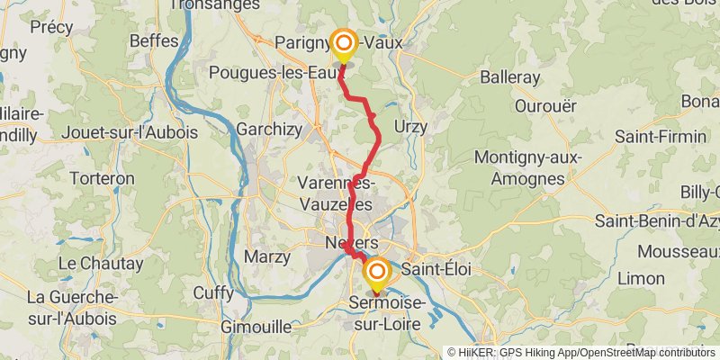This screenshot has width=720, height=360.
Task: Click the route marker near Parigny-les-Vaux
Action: click(x=344, y=43)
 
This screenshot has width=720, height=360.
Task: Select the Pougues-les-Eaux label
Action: click(x=266, y=72)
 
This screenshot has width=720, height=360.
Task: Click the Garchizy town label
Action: click(x=269, y=130)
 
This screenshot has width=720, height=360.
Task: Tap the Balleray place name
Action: click(x=510, y=77)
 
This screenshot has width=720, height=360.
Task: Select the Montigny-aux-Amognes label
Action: click(x=528, y=168)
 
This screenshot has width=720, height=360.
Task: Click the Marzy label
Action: click(x=267, y=256)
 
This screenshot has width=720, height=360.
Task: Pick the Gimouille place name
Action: click(x=256, y=326)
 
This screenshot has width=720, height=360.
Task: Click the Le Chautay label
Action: click(x=101, y=264)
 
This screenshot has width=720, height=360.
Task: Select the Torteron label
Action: click(x=102, y=178)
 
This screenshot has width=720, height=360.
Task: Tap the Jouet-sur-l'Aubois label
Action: click(x=130, y=132)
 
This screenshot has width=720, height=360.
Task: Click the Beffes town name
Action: click(x=154, y=40)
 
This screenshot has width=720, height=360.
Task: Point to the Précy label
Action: click(x=51, y=27)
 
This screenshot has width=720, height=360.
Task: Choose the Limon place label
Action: click(x=641, y=278)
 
